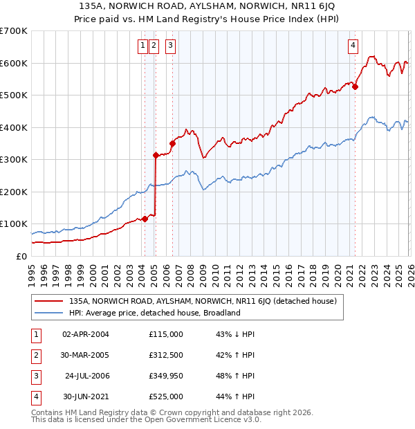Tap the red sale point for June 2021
355,86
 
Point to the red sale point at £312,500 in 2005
156,155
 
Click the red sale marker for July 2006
172,143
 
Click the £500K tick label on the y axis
14,95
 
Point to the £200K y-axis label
14,192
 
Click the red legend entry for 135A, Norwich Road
202,301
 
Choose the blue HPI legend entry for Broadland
154,313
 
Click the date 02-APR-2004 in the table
86,334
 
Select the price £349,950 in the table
166,376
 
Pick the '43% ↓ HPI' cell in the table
236,334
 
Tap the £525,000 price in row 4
166,396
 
